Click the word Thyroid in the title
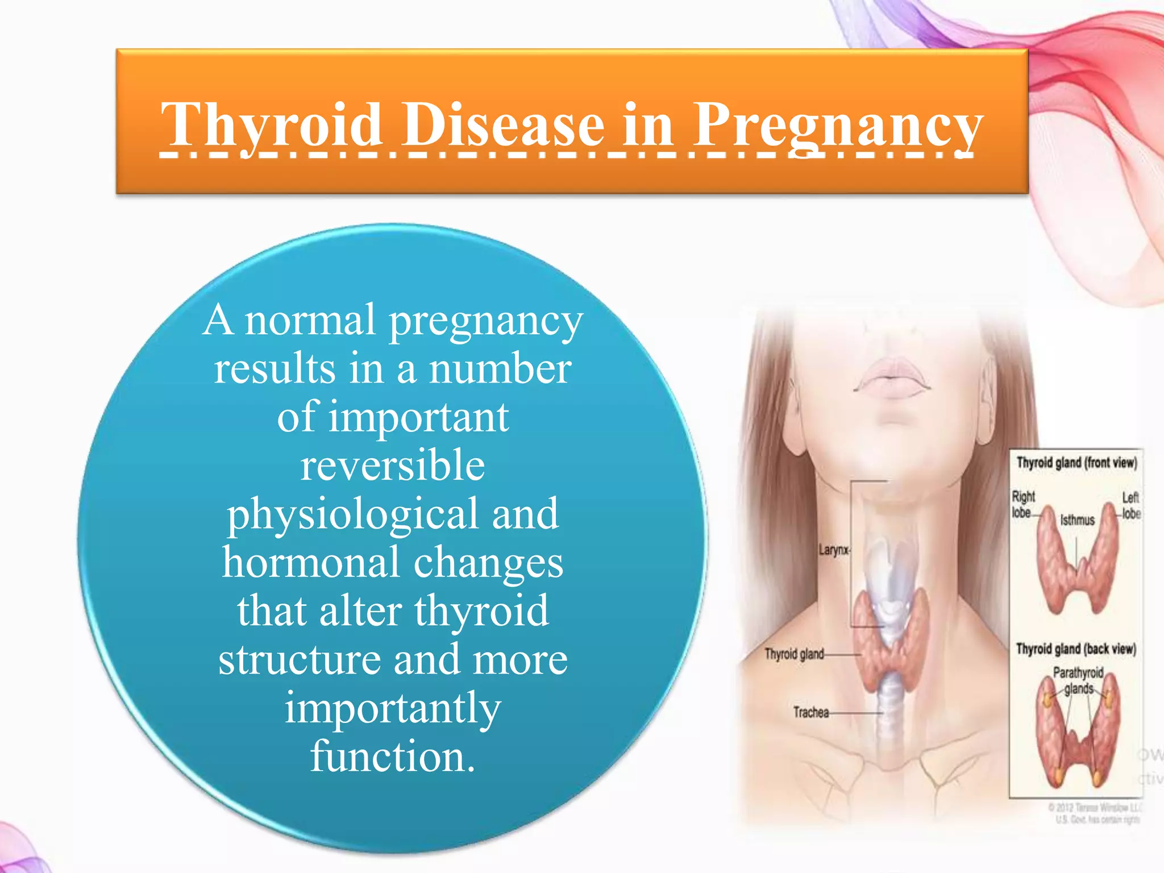click(271, 125)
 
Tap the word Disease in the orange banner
click(504, 125)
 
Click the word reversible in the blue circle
click(393, 465)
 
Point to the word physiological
click(352, 514)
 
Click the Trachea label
click(811, 712)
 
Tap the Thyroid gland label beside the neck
click(794, 654)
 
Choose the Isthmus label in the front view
click(1077, 520)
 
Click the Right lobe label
click(1022, 505)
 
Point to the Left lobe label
click(1130, 505)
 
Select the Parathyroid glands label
click(1078, 680)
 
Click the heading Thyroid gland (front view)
click(1076, 463)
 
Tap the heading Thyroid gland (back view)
click(1076, 649)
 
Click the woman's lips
click(892, 378)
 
